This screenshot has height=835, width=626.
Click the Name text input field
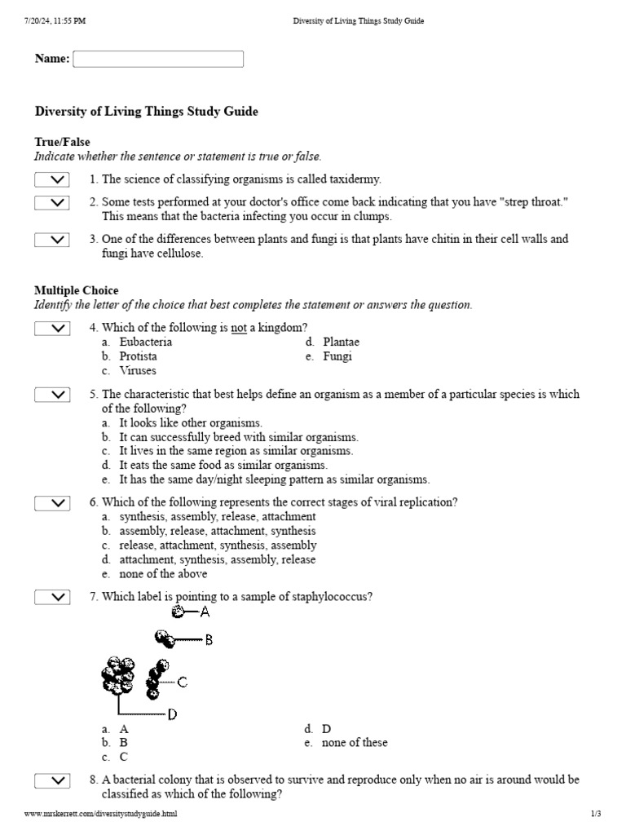point(158,60)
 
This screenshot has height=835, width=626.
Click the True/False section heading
point(62,142)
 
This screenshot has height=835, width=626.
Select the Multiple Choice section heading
point(76,290)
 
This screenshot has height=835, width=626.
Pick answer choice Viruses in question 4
point(138,371)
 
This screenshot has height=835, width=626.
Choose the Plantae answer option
point(341,342)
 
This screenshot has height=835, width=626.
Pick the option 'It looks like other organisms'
point(191,423)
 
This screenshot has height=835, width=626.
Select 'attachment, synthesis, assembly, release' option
point(218,560)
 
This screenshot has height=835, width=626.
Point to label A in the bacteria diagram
point(205,612)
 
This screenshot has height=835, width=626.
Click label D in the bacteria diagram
point(172,715)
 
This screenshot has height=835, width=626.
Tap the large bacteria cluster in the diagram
point(119,675)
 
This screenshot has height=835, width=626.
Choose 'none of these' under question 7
point(355,743)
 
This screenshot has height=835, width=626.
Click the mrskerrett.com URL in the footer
point(100,815)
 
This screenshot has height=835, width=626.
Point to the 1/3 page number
point(595,815)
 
